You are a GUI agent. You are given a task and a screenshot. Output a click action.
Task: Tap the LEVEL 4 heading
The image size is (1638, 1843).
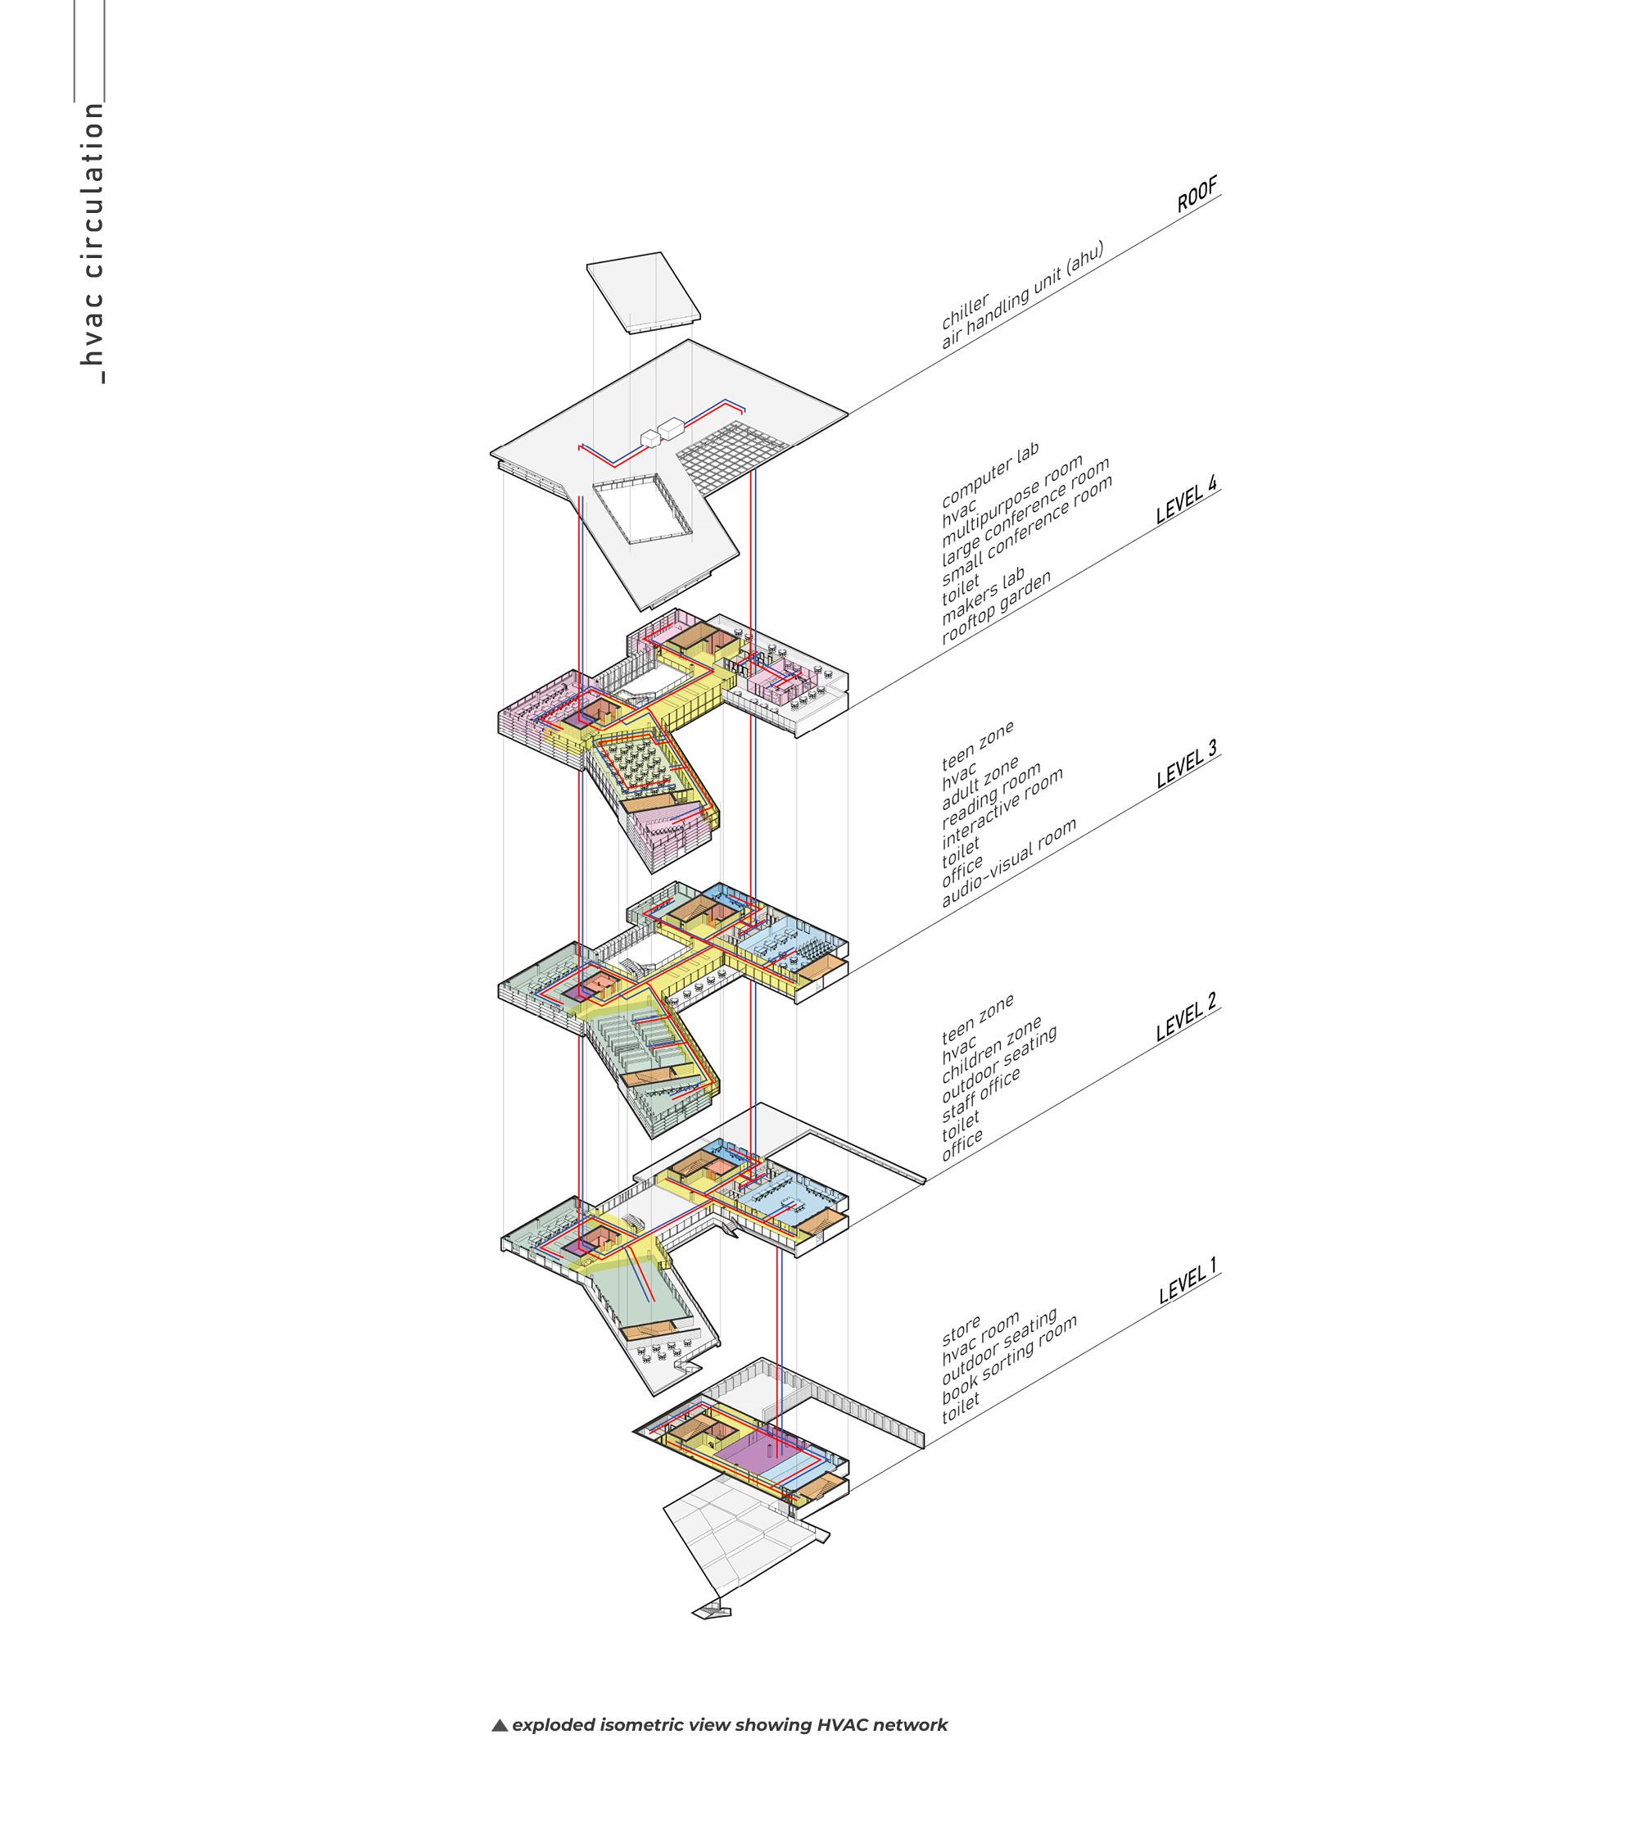(1187, 500)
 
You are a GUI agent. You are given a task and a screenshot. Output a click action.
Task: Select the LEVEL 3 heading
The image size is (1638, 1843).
(1187, 763)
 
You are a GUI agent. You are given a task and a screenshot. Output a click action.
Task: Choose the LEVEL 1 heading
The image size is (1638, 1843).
(1188, 1281)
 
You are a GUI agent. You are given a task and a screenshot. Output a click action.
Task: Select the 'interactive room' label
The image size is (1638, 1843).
(1002, 807)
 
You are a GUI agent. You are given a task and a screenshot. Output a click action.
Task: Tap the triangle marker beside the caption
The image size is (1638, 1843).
(500, 1725)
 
